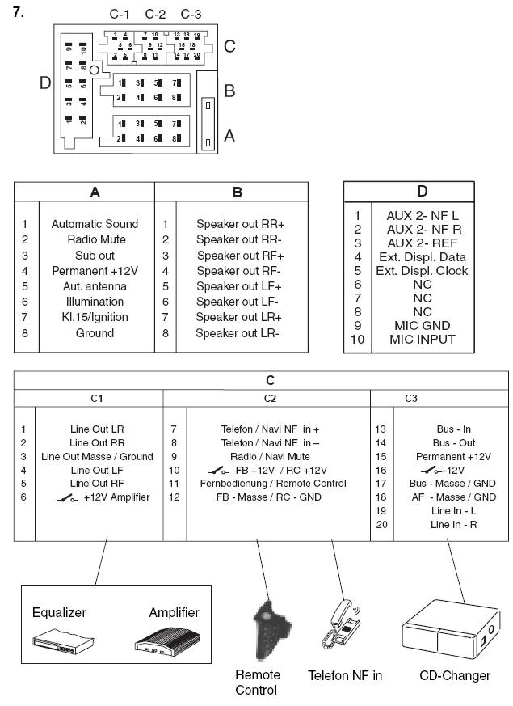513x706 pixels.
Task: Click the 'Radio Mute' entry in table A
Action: click(x=95, y=239)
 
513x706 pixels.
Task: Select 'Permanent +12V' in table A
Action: click(x=95, y=271)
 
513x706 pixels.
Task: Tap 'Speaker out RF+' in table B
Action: click(x=240, y=256)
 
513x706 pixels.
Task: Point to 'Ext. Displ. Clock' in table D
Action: click(x=422, y=271)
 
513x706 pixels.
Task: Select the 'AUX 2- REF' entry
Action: click(x=422, y=243)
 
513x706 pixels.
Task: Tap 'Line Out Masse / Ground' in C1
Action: click(x=98, y=456)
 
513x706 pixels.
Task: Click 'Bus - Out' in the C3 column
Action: click(x=454, y=442)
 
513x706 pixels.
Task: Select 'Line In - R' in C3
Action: click(x=453, y=525)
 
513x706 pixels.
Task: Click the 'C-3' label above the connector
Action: click(x=191, y=14)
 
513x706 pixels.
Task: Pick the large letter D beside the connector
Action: click(x=45, y=82)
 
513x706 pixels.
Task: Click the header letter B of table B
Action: click(x=237, y=192)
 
